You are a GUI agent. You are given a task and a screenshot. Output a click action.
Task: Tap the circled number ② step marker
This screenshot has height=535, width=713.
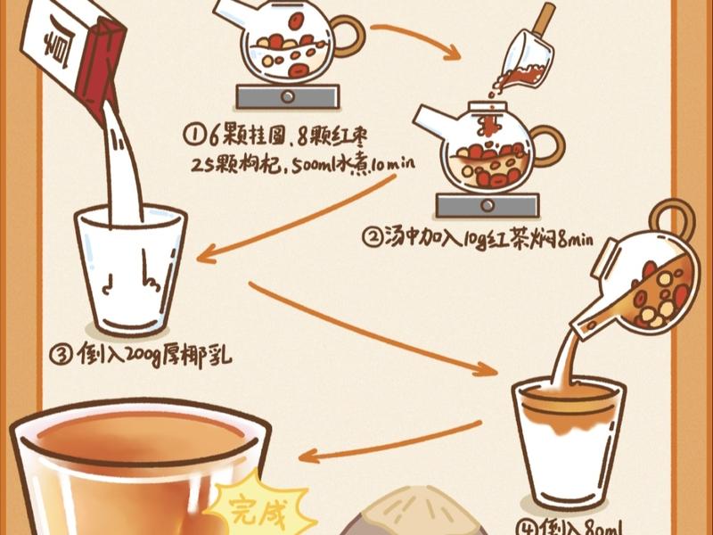[x=371, y=238]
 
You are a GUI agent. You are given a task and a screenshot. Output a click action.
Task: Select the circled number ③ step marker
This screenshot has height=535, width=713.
[x=61, y=355]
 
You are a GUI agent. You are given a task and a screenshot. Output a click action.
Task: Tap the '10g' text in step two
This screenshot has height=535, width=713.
[x=466, y=238]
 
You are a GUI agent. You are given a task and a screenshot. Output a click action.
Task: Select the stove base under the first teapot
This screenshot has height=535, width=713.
[x=288, y=96]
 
